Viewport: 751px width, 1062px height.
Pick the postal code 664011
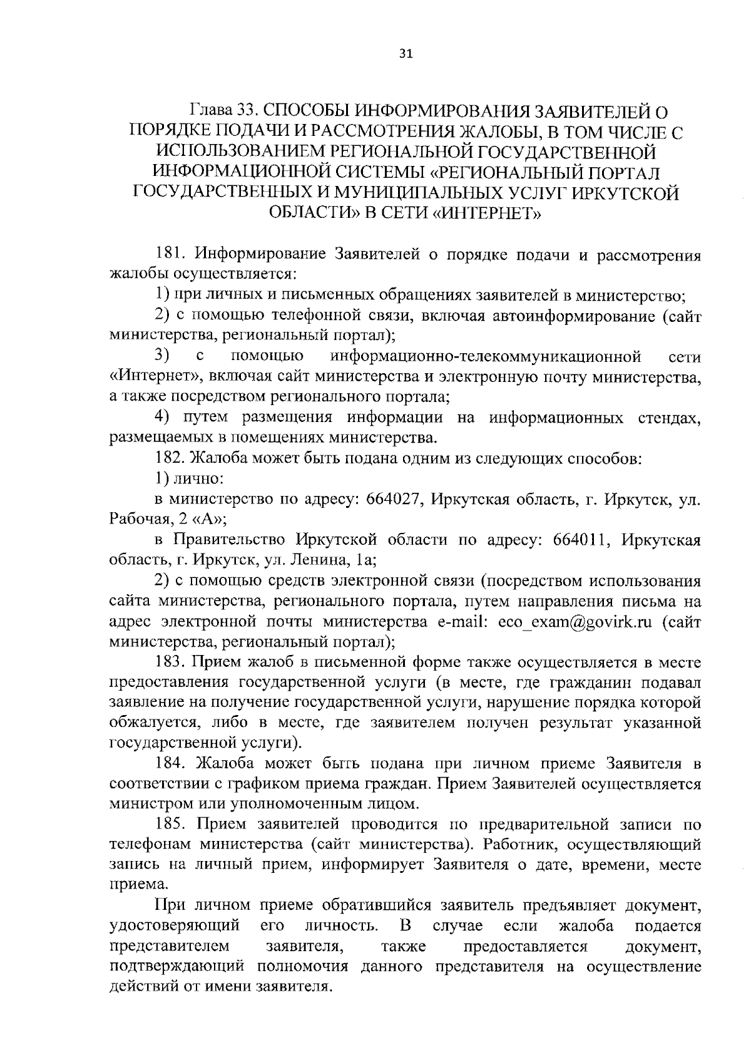tap(583, 540)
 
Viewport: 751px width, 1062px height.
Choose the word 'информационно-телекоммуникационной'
tap(486, 357)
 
